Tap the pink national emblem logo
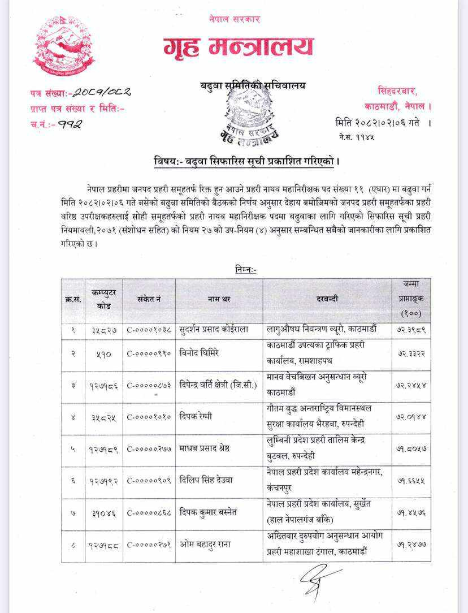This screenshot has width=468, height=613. click(x=63, y=46)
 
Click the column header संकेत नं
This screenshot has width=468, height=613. click(x=149, y=299)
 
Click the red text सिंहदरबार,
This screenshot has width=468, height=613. click(x=397, y=91)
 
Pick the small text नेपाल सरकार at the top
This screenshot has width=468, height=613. click(x=234, y=19)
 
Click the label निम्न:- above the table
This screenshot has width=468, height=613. click(x=246, y=270)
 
